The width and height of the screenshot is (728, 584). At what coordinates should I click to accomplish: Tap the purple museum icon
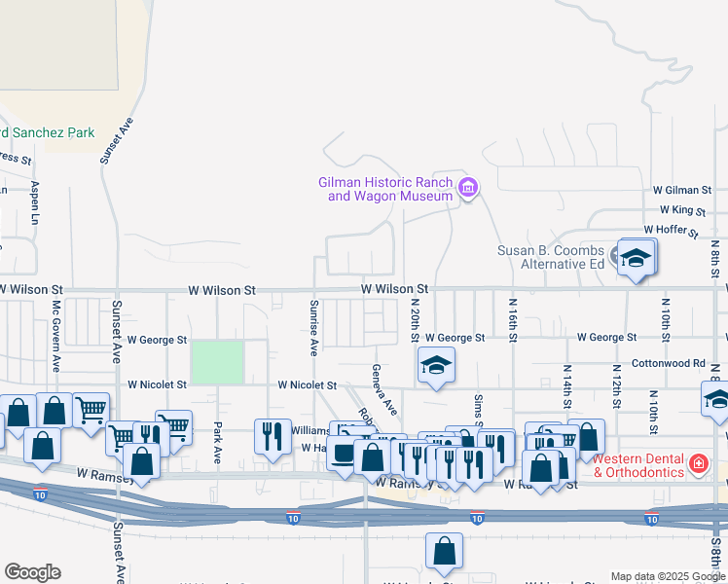(x=468, y=188)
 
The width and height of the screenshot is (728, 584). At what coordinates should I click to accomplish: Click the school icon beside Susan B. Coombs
(x=636, y=258)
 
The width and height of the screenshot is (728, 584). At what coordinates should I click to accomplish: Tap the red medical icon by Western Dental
(x=698, y=464)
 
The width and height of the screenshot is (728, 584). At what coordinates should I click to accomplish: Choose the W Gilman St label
(x=682, y=190)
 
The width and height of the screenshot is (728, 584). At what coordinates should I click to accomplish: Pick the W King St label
(x=682, y=209)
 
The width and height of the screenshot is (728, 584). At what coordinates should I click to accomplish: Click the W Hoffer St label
(x=671, y=231)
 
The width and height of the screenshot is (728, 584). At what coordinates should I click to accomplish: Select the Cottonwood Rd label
(x=668, y=363)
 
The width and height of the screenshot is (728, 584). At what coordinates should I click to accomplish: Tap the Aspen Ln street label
(x=35, y=202)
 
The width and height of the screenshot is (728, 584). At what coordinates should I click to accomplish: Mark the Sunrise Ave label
(x=313, y=327)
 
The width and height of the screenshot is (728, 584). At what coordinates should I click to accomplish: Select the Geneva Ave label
(x=382, y=388)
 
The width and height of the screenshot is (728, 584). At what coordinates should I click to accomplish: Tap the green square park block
(x=217, y=361)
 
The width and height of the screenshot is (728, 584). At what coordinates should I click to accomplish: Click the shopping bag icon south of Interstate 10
(x=444, y=552)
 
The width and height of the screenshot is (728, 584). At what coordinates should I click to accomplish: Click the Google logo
(x=32, y=572)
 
